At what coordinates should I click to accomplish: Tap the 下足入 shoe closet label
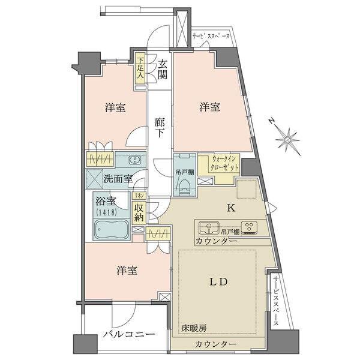coord(139,68)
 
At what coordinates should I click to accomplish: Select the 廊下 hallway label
coord(160,127)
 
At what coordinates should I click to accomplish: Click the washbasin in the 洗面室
coord(136,160)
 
